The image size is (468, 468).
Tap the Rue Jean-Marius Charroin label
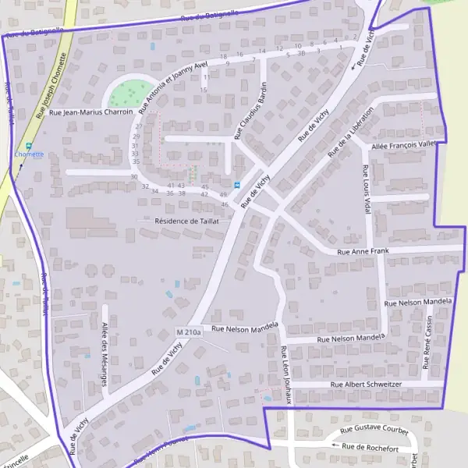(x=90, y=112)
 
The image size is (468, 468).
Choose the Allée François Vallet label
(x=404, y=144)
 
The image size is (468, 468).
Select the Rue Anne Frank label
(x=363, y=252)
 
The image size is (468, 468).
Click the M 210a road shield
(x=189, y=333)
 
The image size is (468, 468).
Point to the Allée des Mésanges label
(x=104, y=353)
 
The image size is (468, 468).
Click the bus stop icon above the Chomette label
(x=30, y=145)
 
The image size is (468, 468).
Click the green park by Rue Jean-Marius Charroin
(x=130, y=94)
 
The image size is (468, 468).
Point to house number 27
(x=138, y=126)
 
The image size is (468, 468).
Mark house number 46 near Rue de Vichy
(x=225, y=204)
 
